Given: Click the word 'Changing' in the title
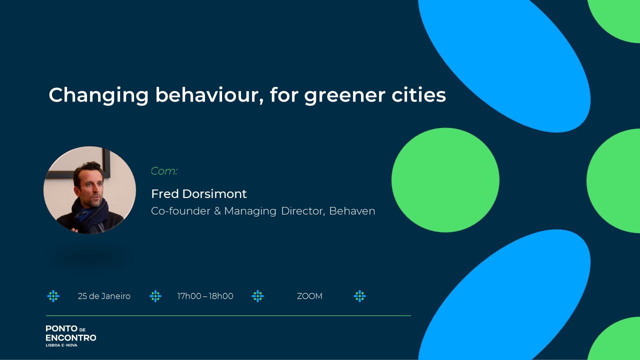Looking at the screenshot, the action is tap(99, 95).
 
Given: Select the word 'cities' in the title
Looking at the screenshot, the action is tap(418, 95).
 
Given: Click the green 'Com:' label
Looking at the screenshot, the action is tap(164, 171).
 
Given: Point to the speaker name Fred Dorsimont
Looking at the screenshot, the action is tap(199, 193).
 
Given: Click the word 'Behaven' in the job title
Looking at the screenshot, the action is tap(352, 211).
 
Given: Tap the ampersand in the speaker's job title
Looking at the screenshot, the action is tap(217, 211).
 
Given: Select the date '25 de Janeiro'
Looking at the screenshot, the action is tap(104, 296).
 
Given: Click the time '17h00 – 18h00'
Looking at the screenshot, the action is tap(205, 296).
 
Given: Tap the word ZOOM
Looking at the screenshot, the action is tap(309, 296).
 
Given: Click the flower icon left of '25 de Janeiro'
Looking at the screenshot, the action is tap(53, 296).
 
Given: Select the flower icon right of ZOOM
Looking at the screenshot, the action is tap(359, 296).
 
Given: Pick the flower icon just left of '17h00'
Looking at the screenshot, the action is tap(155, 296).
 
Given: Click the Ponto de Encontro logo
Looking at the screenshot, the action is tap(71, 336).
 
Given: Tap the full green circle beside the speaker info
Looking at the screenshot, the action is tap(445, 180).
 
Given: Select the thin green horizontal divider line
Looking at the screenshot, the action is tap(228, 315).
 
